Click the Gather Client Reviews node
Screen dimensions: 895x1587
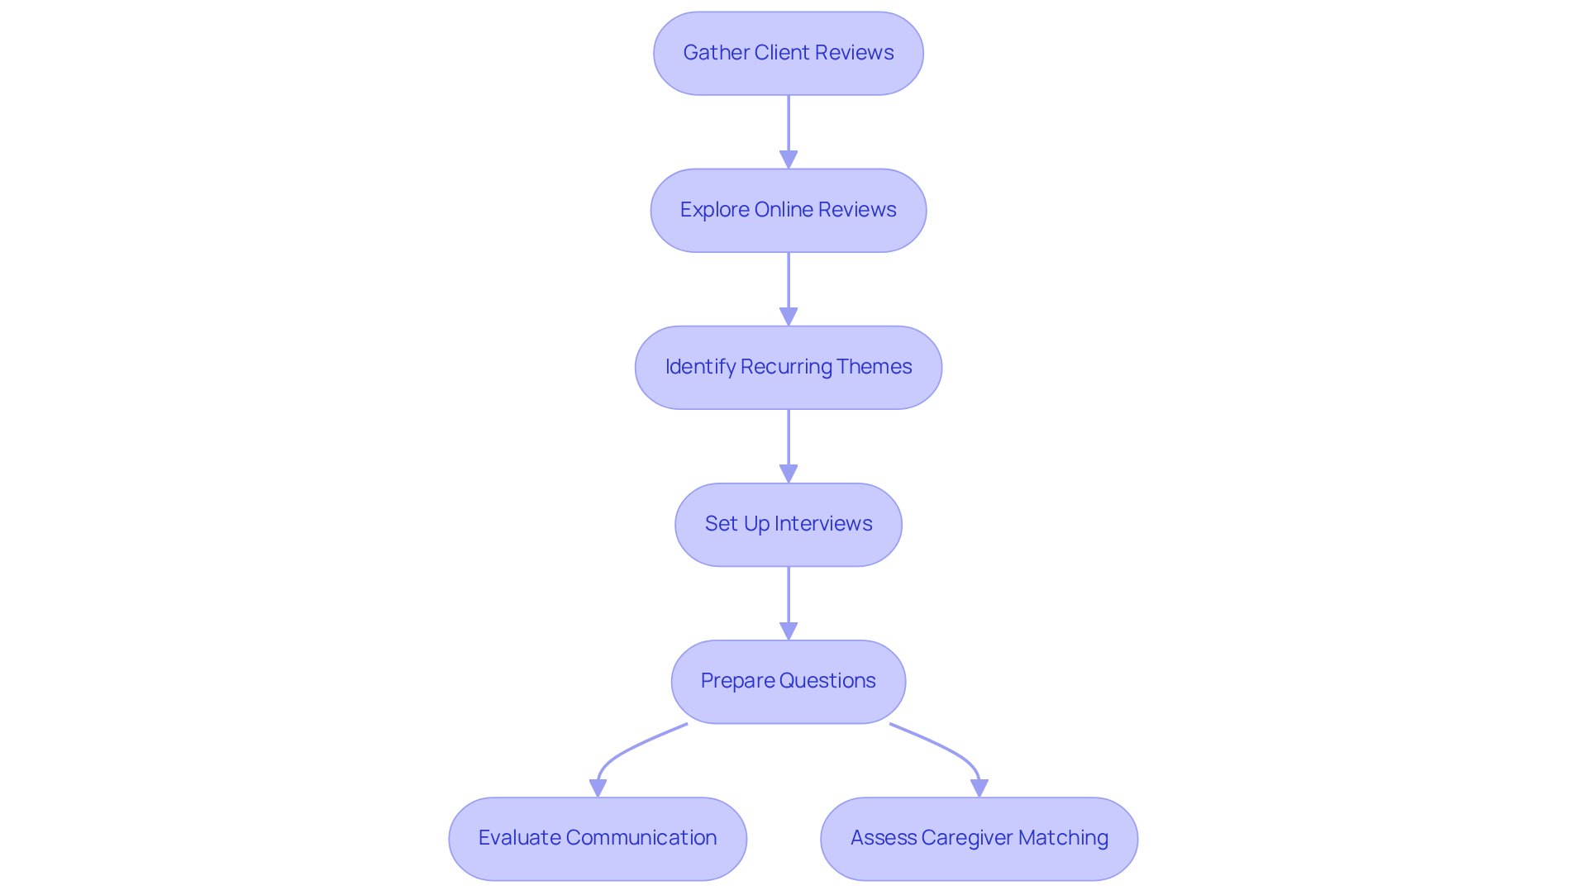point(788,53)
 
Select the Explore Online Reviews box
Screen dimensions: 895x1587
point(788,210)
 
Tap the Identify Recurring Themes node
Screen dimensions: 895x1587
point(788,367)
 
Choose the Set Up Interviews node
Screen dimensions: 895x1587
point(788,524)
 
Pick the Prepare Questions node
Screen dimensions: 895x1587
point(788,681)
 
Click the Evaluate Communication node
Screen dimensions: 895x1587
point(597,838)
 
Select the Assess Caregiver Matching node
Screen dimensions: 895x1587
point(979,838)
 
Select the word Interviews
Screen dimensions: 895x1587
point(822,524)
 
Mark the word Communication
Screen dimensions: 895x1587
point(641,838)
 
